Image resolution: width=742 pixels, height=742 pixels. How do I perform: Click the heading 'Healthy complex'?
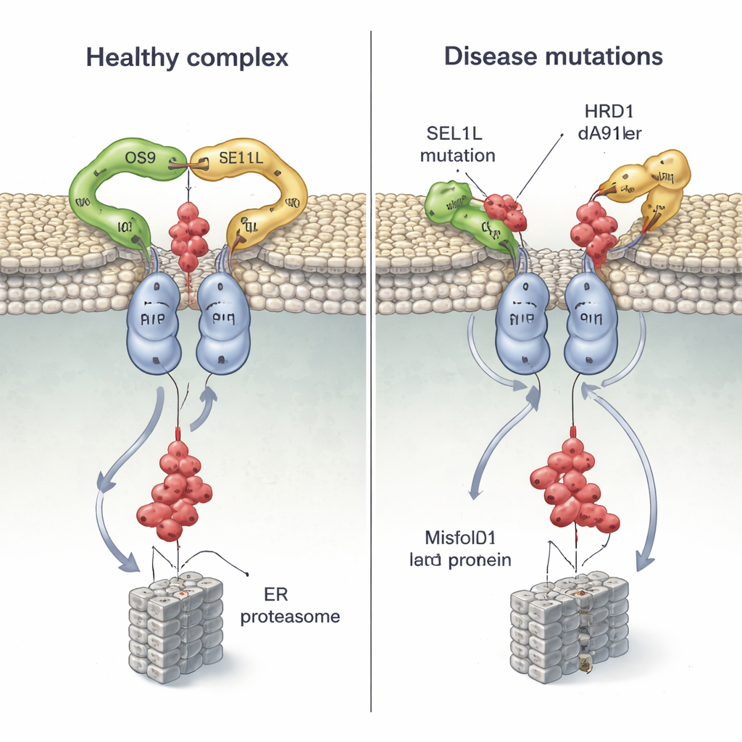tap(187, 57)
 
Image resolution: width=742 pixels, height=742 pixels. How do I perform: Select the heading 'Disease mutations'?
tap(554, 57)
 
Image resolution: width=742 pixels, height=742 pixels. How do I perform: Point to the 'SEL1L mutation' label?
tap(457, 144)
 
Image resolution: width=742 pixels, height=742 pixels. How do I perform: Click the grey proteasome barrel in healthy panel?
tap(175, 628)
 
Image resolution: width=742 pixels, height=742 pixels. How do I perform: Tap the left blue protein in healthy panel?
tap(153, 323)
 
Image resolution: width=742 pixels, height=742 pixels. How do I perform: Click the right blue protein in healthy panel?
tap(223, 323)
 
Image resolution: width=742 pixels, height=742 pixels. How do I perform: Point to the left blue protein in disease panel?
tap(522, 323)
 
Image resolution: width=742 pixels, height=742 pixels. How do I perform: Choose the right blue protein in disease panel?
tap(591, 323)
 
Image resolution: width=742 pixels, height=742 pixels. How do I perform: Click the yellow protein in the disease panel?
tap(650, 185)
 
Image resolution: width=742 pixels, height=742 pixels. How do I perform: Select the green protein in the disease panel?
tap(464, 214)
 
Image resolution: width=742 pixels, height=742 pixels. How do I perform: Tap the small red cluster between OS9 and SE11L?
tap(188, 235)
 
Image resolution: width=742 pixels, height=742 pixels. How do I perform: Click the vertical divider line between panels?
tap(371, 362)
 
